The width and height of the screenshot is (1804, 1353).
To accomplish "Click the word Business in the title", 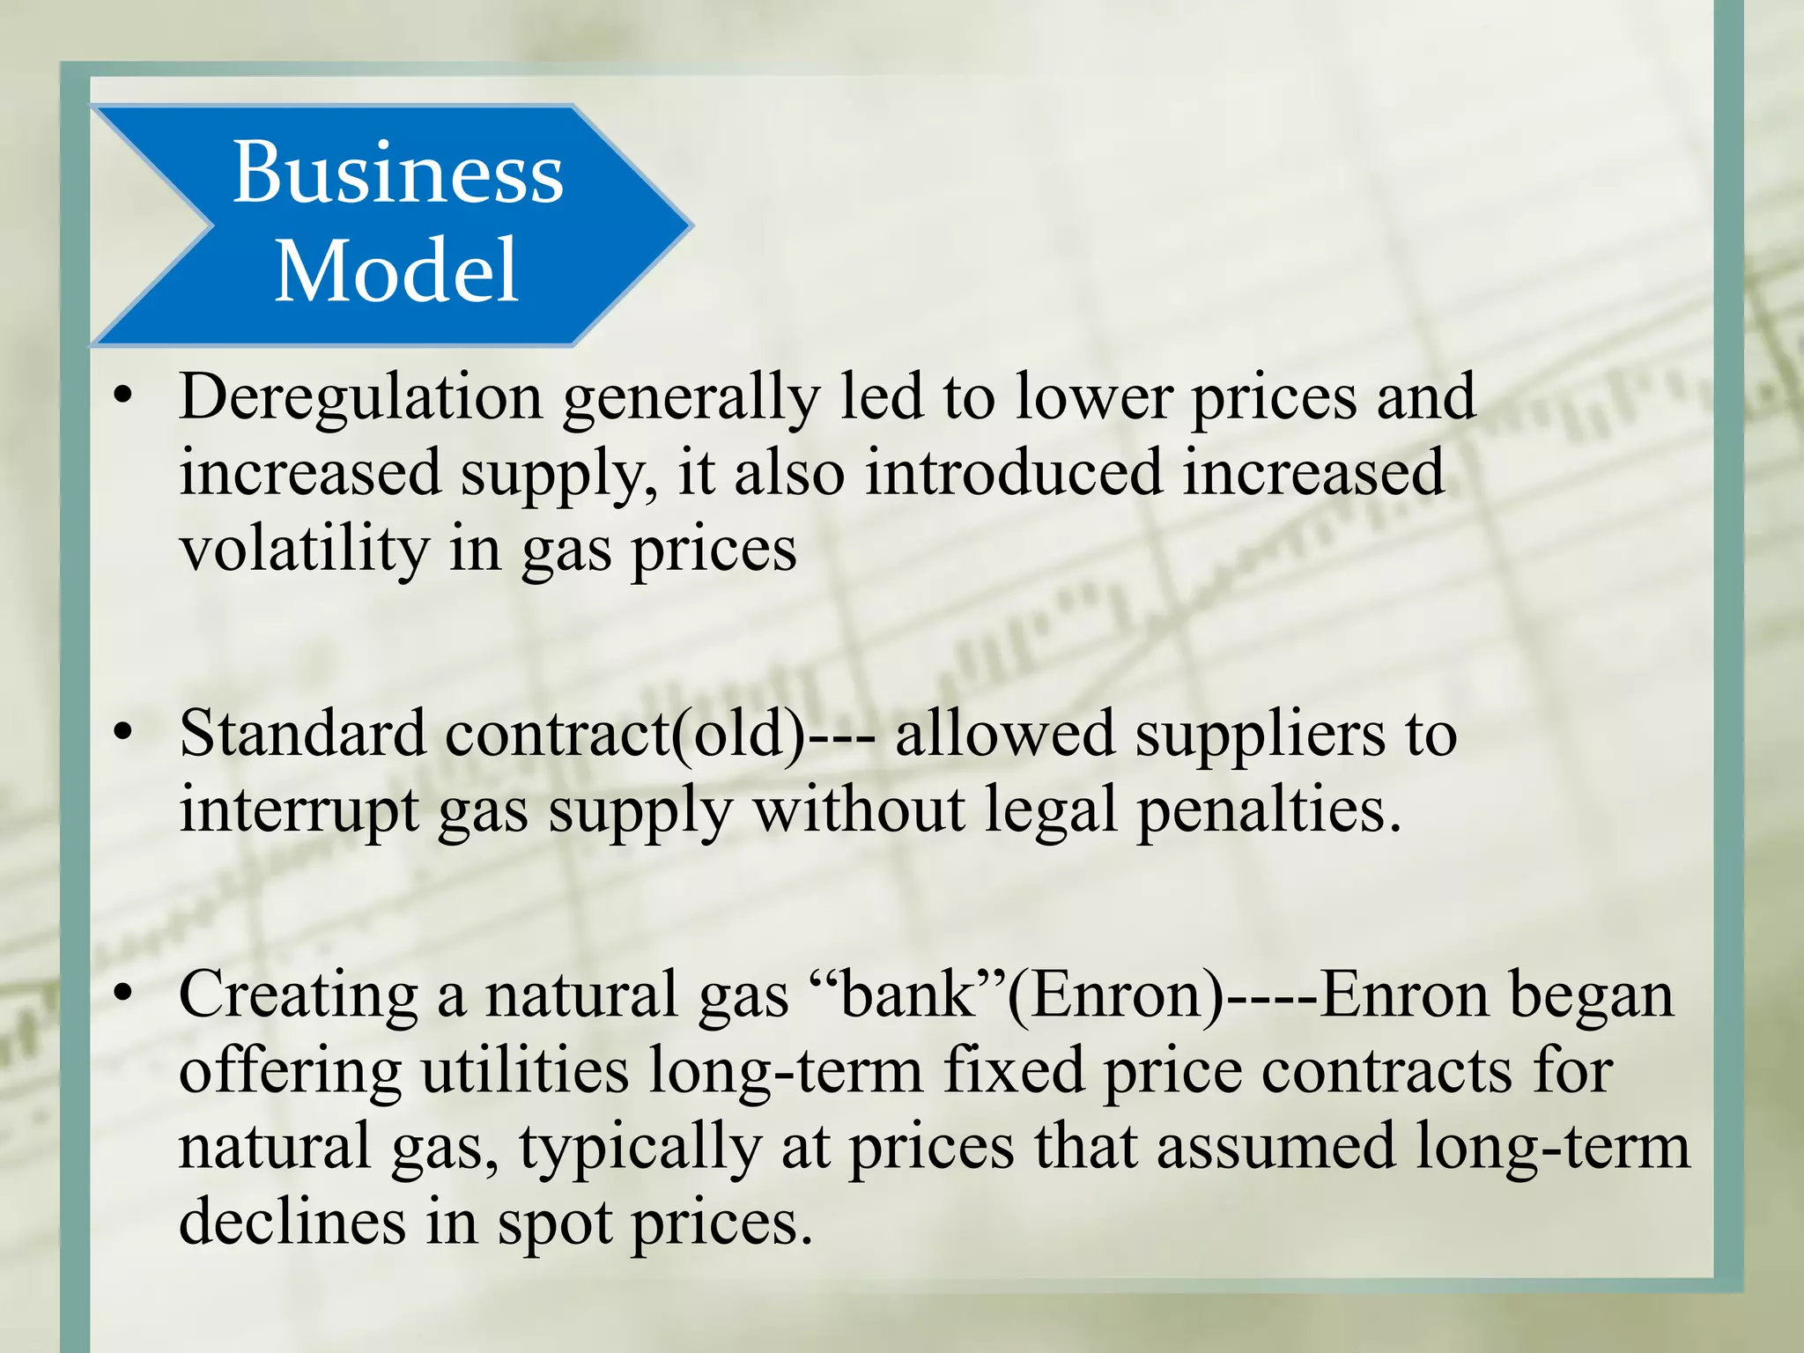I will [397, 173].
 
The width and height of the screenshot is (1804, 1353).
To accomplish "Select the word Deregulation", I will [360, 397].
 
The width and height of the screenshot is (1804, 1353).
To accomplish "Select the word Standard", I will [302, 733].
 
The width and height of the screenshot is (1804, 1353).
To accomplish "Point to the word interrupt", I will [299, 810].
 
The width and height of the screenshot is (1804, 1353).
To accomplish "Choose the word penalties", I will [1268, 810].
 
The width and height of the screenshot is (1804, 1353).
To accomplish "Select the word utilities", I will [524, 1071].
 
